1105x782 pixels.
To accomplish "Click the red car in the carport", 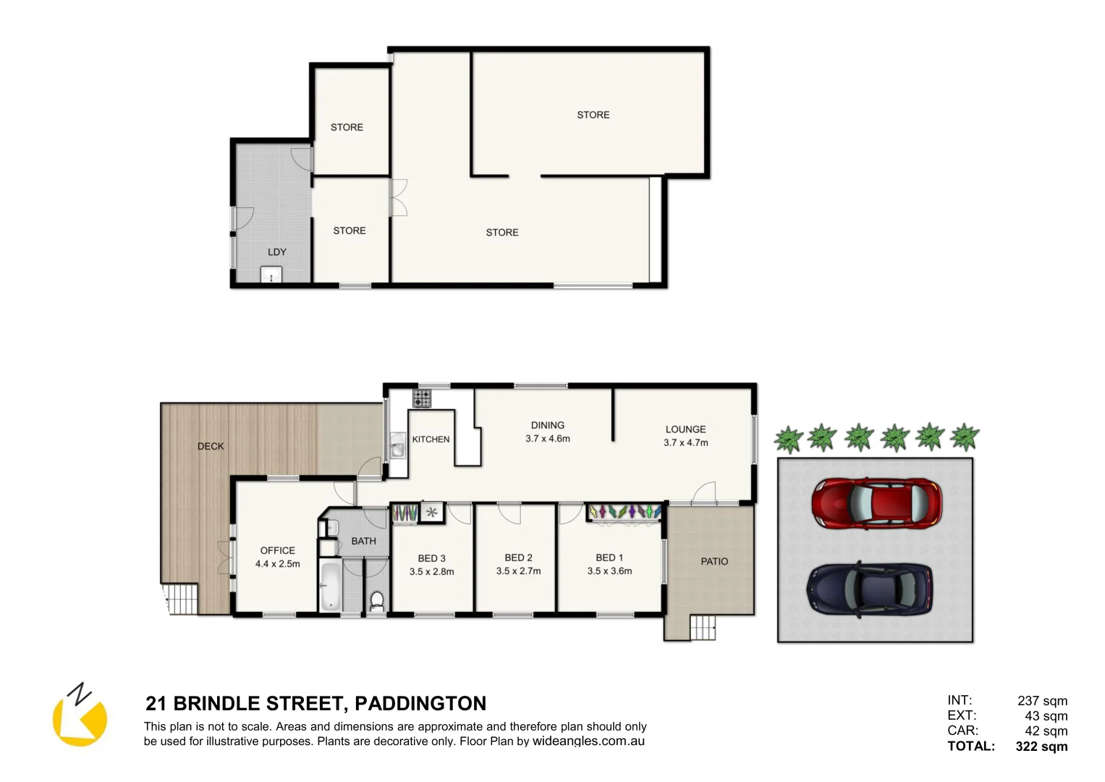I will [x=876, y=503].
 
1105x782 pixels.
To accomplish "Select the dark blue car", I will [x=869, y=589].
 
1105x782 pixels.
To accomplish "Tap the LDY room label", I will [x=277, y=252].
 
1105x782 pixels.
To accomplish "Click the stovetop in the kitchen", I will [x=422, y=398].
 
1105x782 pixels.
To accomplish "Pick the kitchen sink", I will [x=397, y=445].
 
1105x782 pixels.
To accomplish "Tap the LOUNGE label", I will [x=685, y=429].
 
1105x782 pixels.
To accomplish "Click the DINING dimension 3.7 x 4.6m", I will [x=548, y=439].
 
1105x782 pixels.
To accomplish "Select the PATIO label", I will [x=714, y=561].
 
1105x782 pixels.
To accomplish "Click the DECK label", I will [x=211, y=446].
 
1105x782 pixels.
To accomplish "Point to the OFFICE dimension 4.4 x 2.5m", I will [x=277, y=564].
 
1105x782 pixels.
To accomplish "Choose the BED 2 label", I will [x=518, y=558].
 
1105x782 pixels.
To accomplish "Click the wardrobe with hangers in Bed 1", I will [x=625, y=511].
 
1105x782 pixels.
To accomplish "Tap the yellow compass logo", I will [x=80, y=717].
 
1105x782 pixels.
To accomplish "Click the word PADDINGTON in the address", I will [x=420, y=704].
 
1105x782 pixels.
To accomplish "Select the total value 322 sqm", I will [x=1041, y=747].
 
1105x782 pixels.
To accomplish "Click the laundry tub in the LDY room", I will [x=271, y=275].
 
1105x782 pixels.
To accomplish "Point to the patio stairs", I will [x=703, y=627].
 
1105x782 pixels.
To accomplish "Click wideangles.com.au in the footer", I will [x=588, y=741].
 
